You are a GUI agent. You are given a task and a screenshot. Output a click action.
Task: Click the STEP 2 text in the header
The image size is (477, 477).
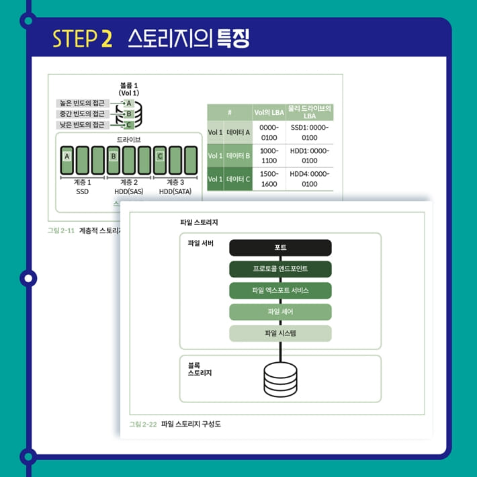click(x=82, y=38)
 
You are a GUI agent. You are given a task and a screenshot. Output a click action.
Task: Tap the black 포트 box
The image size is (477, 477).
click(x=280, y=248)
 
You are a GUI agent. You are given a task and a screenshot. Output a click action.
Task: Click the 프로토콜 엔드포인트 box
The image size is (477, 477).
click(x=280, y=269)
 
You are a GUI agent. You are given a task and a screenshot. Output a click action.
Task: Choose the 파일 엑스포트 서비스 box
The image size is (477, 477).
click(x=280, y=290)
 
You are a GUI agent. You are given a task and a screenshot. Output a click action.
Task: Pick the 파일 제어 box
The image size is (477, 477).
click(x=280, y=312)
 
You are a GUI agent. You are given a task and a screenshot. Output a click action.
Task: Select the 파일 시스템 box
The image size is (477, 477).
click(x=280, y=333)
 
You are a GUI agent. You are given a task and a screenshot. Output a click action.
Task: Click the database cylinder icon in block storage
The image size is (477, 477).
click(x=280, y=380)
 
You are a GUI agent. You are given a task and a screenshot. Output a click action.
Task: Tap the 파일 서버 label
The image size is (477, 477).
click(x=200, y=243)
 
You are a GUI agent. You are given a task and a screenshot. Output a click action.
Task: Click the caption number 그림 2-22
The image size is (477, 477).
click(x=142, y=425)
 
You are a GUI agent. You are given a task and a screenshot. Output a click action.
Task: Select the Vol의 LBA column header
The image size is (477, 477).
click(x=269, y=112)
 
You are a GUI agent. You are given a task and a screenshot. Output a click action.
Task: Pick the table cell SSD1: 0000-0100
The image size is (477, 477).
click(x=310, y=132)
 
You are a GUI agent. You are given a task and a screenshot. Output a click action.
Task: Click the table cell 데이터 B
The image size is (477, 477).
click(x=238, y=156)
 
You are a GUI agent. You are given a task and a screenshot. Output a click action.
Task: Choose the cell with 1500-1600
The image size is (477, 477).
click(x=269, y=179)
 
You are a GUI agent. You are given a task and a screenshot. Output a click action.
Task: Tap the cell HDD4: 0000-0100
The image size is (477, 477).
click(x=310, y=179)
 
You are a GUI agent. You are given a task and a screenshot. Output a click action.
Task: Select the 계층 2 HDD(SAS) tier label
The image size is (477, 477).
click(x=130, y=187)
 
